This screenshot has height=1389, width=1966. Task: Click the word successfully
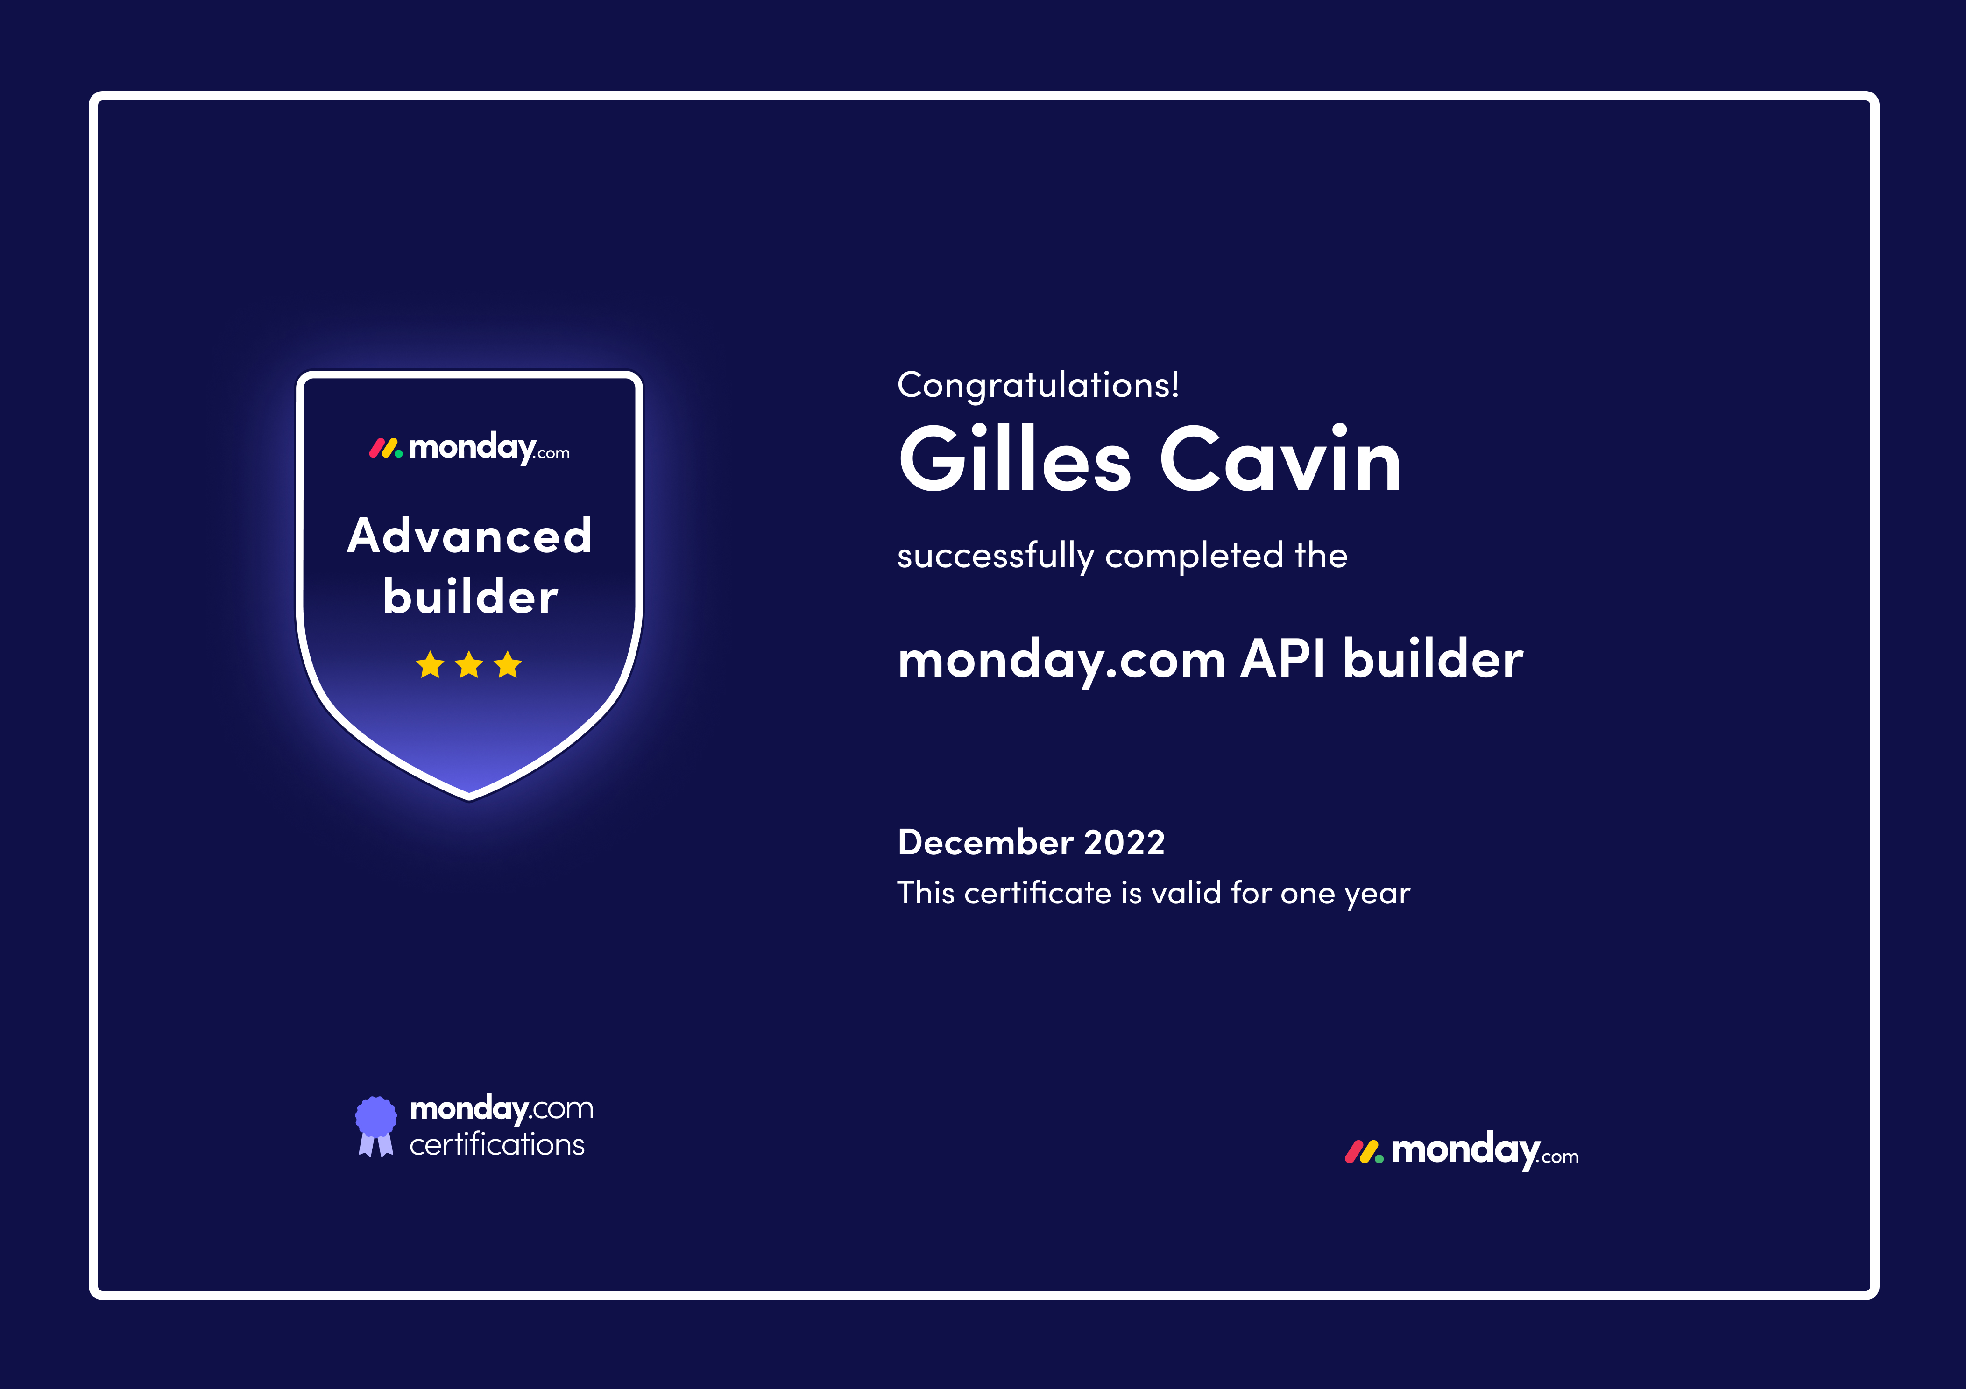(996, 557)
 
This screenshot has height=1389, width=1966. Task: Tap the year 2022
(1124, 843)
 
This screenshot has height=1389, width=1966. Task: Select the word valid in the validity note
(1186, 893)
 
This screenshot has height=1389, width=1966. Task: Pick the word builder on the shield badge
(470, 596)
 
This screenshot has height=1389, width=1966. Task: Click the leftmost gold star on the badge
(430, 664)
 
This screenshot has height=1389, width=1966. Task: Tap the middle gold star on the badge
(469, 664)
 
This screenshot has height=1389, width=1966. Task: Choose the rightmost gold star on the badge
(508, 664)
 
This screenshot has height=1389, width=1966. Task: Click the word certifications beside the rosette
(497, 1145)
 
